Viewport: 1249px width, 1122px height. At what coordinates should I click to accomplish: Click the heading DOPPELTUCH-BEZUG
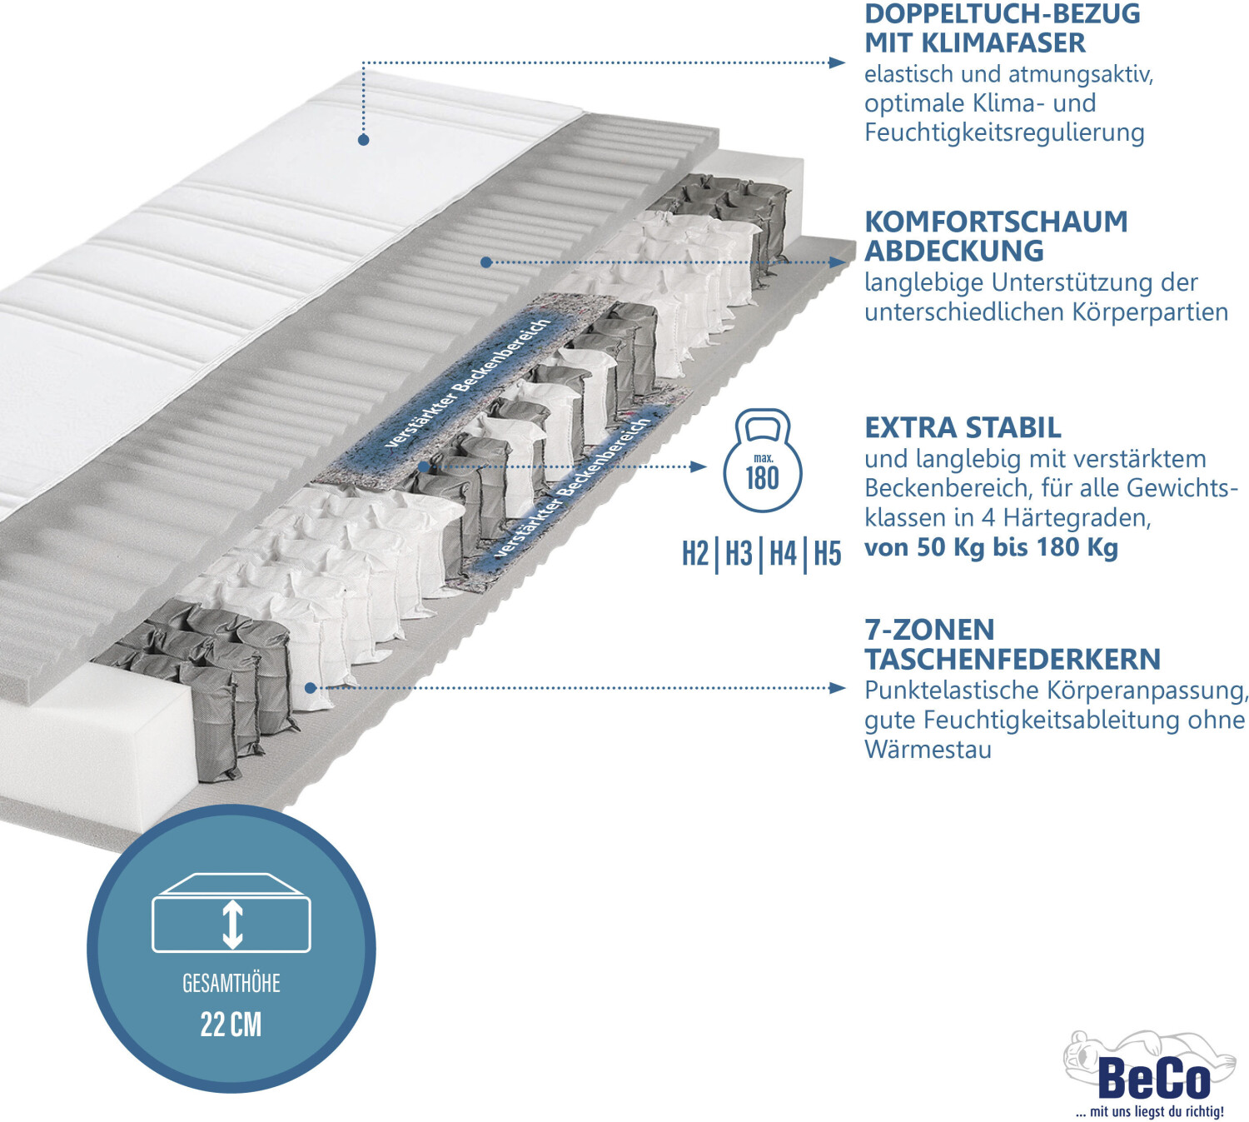tap(1002, 14)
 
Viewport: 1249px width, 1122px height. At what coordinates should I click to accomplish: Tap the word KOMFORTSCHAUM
tap(996, 222)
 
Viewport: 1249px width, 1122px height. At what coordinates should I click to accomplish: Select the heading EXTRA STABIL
tap(963, 427)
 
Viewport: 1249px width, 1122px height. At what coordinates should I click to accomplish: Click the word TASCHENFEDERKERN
tap(1013, 659)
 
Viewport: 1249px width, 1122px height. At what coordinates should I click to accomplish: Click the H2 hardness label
tap(695, 553)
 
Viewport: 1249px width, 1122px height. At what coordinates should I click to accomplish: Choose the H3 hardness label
tap(739, 553)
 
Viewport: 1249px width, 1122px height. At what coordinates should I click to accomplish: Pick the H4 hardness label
tap(783, 553)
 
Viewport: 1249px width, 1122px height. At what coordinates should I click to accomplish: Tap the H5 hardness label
tap(827, 553)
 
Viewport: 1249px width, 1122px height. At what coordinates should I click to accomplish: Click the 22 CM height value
tap(231, 1024)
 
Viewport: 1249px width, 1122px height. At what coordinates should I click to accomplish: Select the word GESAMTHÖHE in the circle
tap(231, 984)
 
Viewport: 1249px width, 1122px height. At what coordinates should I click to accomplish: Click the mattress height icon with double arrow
tap(231, 914)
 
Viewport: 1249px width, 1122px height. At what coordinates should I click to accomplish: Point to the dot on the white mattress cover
tap(363, 140)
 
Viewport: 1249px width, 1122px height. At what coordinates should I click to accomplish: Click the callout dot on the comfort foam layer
tap(486, 262)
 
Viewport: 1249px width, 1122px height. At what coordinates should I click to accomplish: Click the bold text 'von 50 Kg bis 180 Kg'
tap(991, 547)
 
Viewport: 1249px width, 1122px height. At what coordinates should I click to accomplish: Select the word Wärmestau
tap(928, 749)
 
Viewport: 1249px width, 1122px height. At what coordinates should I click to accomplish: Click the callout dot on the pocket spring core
tap(311, 688)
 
